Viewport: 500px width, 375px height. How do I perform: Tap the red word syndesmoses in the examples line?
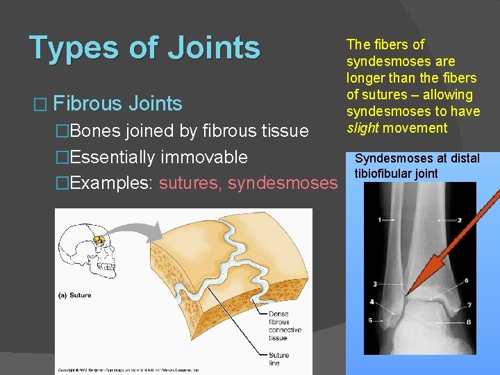point(282,183)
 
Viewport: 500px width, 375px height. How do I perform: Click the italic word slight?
point(364,128)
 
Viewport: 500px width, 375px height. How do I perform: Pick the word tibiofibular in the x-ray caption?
point(385,173)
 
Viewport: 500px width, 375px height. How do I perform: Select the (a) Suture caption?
point(74,296)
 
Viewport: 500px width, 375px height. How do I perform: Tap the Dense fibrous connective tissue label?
point(285,325)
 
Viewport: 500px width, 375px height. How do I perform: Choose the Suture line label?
point(278,359)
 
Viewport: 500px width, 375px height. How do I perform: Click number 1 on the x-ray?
point(379,219)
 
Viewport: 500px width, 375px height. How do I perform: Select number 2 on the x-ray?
point(460,220)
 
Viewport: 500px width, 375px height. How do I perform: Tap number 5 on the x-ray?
point(371,320)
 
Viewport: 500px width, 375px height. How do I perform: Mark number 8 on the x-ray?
point(469,322)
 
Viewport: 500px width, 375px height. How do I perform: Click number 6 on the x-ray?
point(466,281)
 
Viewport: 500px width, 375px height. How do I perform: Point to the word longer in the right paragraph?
point(366,78)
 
